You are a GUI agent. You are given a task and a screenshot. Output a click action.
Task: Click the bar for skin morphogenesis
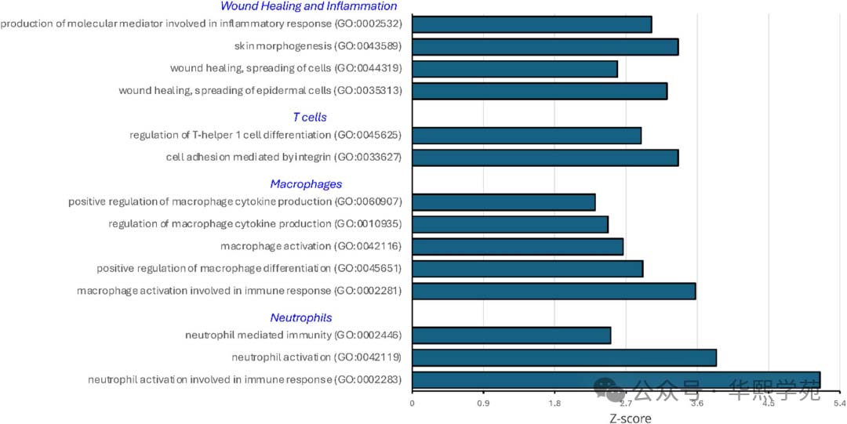[x=544, y=46]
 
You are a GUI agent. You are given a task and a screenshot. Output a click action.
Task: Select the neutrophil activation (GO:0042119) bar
[x=564, y=357]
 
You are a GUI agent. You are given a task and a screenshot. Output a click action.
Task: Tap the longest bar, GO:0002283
[x=616, y=380]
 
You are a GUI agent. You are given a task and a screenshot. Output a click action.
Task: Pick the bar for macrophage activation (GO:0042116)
[x=518, y=247]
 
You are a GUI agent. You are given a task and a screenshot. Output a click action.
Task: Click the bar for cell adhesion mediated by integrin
[x=544, y=158]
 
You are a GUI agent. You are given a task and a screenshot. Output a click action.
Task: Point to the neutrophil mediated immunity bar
[x=511, y=335]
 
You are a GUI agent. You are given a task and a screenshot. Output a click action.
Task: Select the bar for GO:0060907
[x=503, y=202]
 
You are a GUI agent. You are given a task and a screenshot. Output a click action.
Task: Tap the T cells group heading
[x=310, y=117]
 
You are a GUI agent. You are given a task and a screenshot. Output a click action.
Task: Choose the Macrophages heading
[x=306, y=184]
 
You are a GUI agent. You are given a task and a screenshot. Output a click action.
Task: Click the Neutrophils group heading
[x=301, y=317]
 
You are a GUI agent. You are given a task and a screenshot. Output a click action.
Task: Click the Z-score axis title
[x=630, y=418]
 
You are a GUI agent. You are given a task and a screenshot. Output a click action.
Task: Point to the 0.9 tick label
[x=483, y=404]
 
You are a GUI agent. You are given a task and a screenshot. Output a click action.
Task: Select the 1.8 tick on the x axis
[x=554, y=404]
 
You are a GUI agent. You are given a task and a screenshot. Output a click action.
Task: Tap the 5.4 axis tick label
[x=839, y=404]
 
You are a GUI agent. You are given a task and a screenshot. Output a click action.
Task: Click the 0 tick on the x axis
[x=413, y=404]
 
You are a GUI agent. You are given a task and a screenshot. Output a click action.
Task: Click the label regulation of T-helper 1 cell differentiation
[x=266, y=136]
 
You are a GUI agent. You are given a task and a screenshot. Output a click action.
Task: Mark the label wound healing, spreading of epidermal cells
[x=260, y=91]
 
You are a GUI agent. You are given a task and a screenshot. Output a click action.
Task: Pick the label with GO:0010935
[x=255, y=224]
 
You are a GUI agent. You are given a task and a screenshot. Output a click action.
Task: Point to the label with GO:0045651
[x=249, y=269]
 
